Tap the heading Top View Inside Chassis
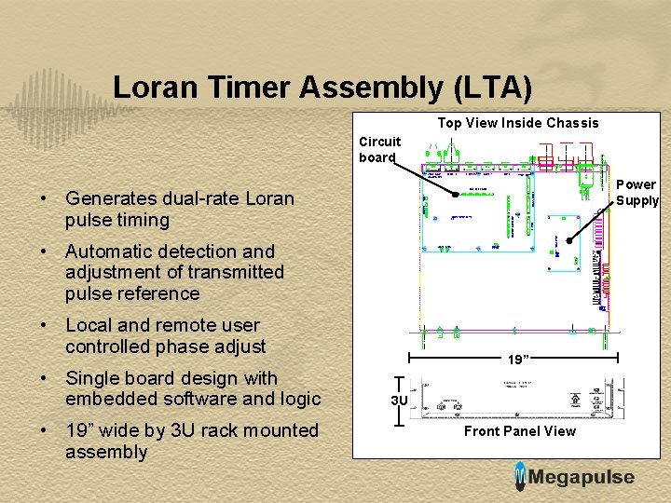tap(518, 123)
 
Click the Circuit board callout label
tap(380, 149)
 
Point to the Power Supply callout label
tap(637, 193)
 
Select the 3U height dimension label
tap(399, 401)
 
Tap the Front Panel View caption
tap(519, 430)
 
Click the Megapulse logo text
tap(582, 478)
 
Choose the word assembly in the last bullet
tap(106, 452)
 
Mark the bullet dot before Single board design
tap(45, 378)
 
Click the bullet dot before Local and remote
tap(45, 326)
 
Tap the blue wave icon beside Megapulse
tap(520, 476)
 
